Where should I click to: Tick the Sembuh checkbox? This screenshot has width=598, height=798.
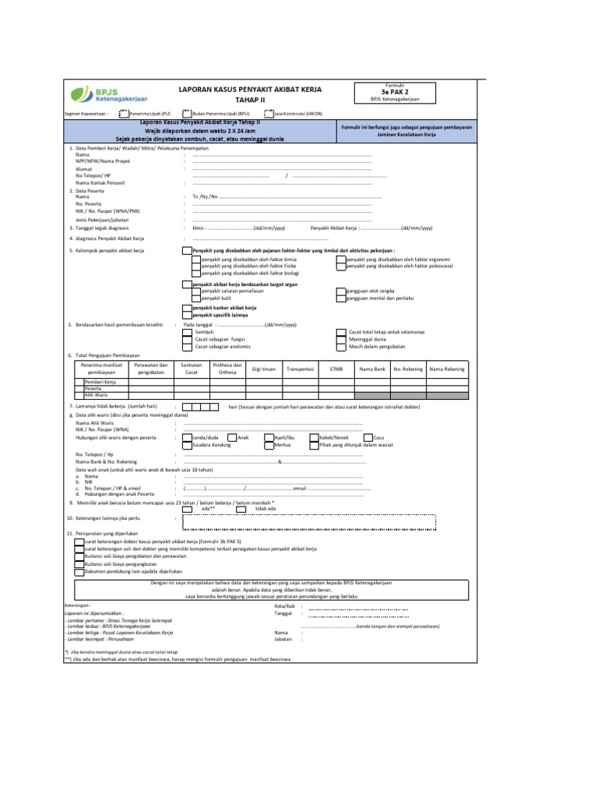tap(187, 332)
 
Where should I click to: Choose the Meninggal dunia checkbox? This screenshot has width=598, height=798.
tap(341, 339)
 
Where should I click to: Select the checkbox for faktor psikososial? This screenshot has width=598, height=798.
tap(341, 266)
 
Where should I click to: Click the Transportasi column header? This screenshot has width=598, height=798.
tap(300, 369)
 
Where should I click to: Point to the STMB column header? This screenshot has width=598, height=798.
tap(336, 369)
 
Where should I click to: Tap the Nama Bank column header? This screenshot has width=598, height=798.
tap(372, 369)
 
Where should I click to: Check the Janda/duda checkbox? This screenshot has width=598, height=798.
tap(187, 438)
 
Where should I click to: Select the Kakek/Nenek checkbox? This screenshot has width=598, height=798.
tap(314, 438)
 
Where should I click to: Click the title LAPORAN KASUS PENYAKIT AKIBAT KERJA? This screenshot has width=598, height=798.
tap(250, 90)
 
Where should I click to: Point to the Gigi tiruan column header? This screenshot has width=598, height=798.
tap(264, 369)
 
